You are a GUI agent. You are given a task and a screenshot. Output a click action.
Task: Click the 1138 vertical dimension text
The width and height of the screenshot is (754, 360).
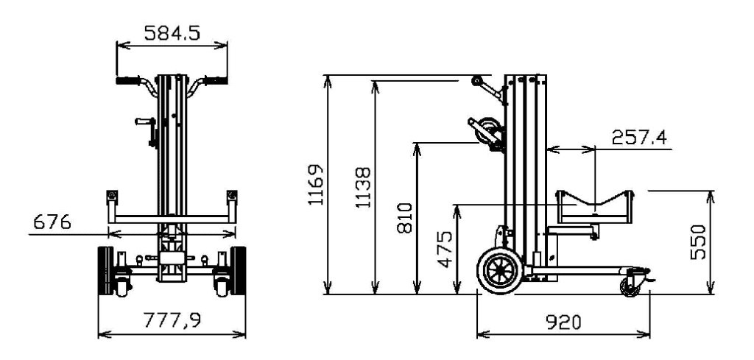click(364, 188)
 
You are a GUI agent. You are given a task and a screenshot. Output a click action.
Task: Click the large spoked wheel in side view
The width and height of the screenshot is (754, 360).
click(501, 271)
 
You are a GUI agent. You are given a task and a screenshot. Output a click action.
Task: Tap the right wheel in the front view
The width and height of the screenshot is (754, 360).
click(237, 271)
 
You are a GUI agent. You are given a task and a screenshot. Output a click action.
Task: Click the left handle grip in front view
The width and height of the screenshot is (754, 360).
click(127, 80)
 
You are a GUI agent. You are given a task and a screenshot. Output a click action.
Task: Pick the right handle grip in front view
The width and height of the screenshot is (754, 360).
click(214, 80)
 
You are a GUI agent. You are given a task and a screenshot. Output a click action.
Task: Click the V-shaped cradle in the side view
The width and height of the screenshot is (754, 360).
click(595, 202)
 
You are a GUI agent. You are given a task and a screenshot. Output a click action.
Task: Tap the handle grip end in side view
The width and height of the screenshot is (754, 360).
click(479, 80)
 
